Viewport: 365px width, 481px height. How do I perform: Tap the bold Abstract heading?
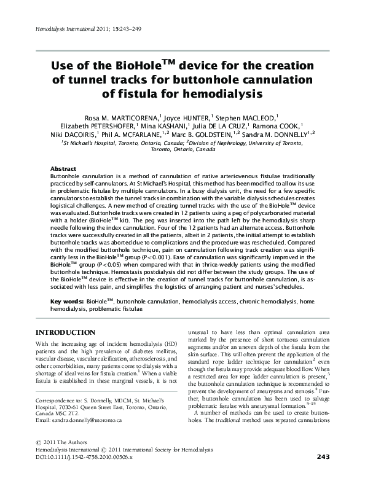pyautogui.click(x=63, y=168)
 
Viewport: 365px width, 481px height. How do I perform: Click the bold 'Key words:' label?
pyautogui.click(x=67, y=302)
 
